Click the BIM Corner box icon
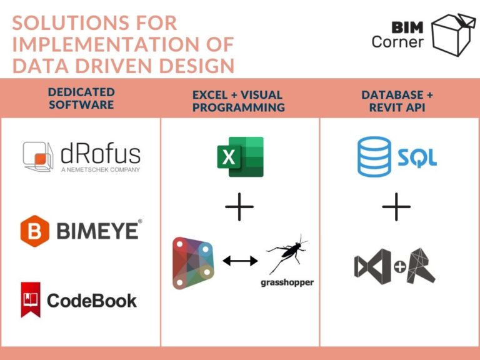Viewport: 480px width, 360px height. point(453,34)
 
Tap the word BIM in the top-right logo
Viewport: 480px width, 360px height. point(407,27)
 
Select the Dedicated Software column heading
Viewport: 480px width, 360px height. point(81,98)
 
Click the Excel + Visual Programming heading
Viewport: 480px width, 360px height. point(239,101)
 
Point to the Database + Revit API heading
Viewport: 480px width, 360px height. point(397,101)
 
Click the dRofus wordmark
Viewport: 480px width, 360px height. point(101,154)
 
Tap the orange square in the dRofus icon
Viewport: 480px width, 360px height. point(40,159)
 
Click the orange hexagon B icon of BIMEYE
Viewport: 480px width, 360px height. point(35,231)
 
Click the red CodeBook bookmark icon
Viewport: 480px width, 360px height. point(31,300)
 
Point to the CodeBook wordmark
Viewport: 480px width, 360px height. point(92,301)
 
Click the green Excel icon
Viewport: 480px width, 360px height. point(240,157)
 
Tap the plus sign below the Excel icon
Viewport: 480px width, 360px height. point(239,207)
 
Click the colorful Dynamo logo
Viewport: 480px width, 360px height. point(193,263)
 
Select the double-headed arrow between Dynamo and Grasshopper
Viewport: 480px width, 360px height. point(240,261)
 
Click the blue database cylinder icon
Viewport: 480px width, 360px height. point(374,157)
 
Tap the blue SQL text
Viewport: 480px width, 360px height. point(417,158)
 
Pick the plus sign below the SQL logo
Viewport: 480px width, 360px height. point(396,207)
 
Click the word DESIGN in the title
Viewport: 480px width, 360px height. point(197,66)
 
